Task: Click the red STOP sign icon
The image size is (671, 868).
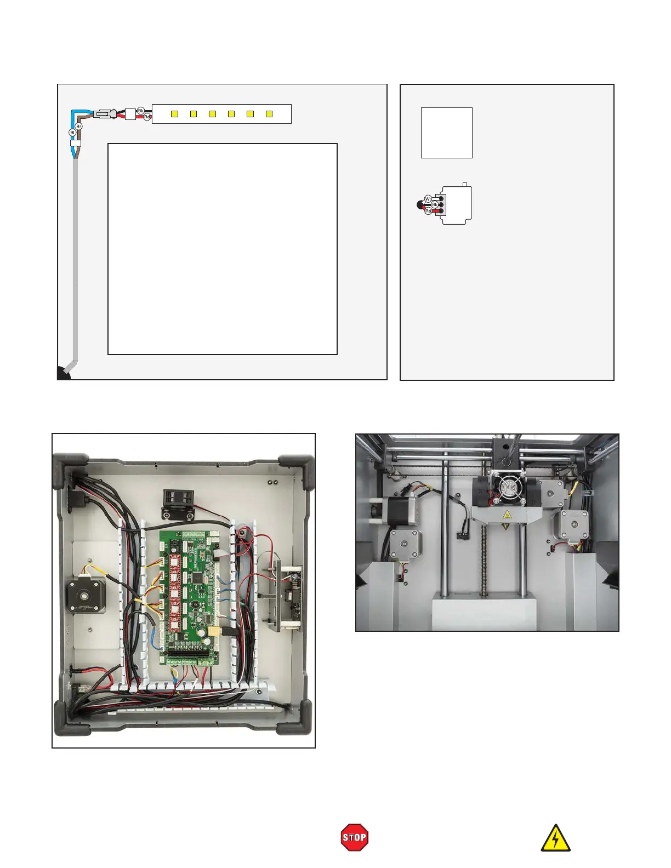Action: (354, 837)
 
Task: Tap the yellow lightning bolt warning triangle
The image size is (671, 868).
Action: (555, 839)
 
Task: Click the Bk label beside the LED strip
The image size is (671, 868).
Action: (141, 111)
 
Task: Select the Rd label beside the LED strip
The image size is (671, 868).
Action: (147, 117)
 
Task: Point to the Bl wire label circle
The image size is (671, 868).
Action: (72, 133)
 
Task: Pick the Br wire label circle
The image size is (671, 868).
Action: (78, 127)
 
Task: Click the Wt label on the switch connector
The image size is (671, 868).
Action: (428, 199)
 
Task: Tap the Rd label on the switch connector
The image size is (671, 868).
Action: (428, 211)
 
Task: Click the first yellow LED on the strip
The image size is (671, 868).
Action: (174, 114)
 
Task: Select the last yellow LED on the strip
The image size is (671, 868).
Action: (269, 114)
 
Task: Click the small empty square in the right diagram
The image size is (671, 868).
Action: (446, 133)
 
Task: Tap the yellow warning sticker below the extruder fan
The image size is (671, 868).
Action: (507, 515)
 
